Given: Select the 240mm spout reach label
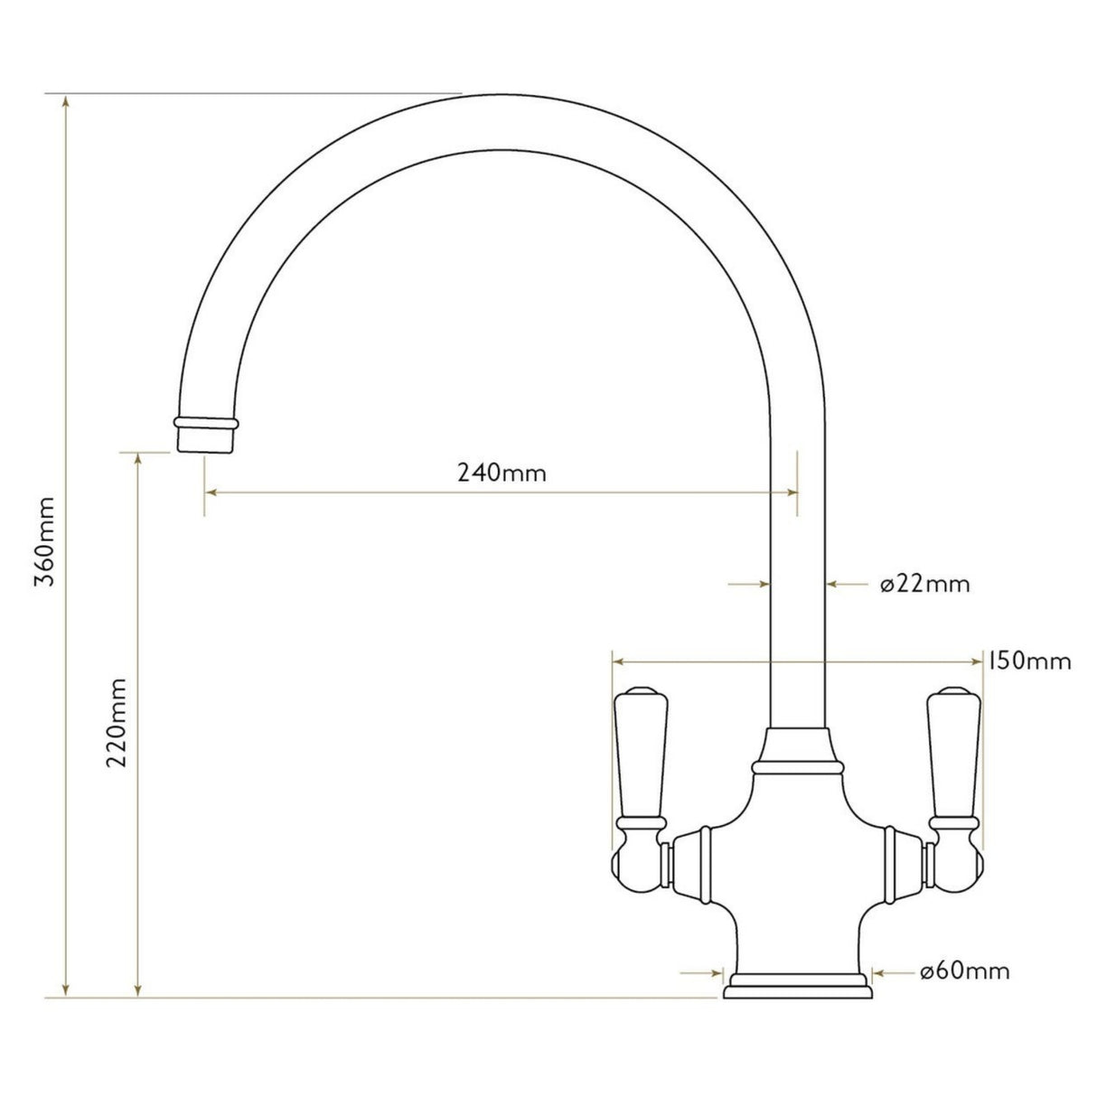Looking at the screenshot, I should [x=501, y=472].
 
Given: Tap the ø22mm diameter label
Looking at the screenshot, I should [x=924, y=585].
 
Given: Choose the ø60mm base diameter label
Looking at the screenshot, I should [x=964, y=972].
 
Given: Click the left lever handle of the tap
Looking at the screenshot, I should [x=641, y=759].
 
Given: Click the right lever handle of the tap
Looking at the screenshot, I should [x=954, y=759].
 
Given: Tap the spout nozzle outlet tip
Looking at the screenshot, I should [x=208, y=438].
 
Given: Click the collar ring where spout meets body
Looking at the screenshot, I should [x=797, y=767].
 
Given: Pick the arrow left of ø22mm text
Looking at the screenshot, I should [x=835, y=585].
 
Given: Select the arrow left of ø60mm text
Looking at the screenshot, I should [x=878, y=973].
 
